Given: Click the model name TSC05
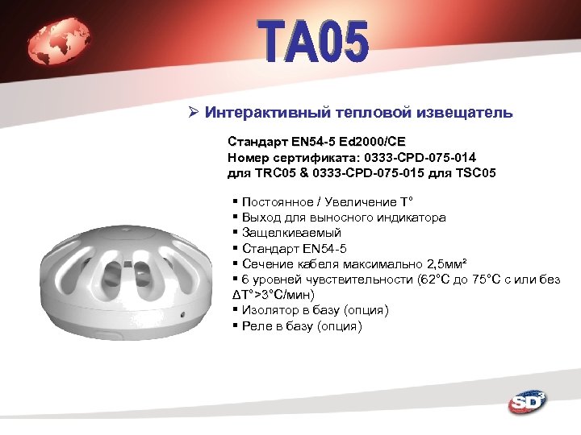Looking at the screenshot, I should (475, 172).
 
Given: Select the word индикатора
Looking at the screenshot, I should (411, 217).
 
